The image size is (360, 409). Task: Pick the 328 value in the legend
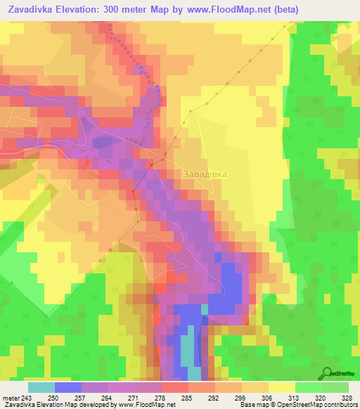click(347, 397)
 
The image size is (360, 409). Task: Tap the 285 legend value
click(188, 397)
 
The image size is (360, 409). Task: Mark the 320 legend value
click(321, 397)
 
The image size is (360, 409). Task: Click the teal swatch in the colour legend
click(41, 387)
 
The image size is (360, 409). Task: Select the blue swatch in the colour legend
click(68, 387)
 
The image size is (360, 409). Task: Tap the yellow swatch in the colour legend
click(281, 387)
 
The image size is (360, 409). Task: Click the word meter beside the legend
click(10, 397)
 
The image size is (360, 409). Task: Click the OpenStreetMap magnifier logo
click(328, 373)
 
